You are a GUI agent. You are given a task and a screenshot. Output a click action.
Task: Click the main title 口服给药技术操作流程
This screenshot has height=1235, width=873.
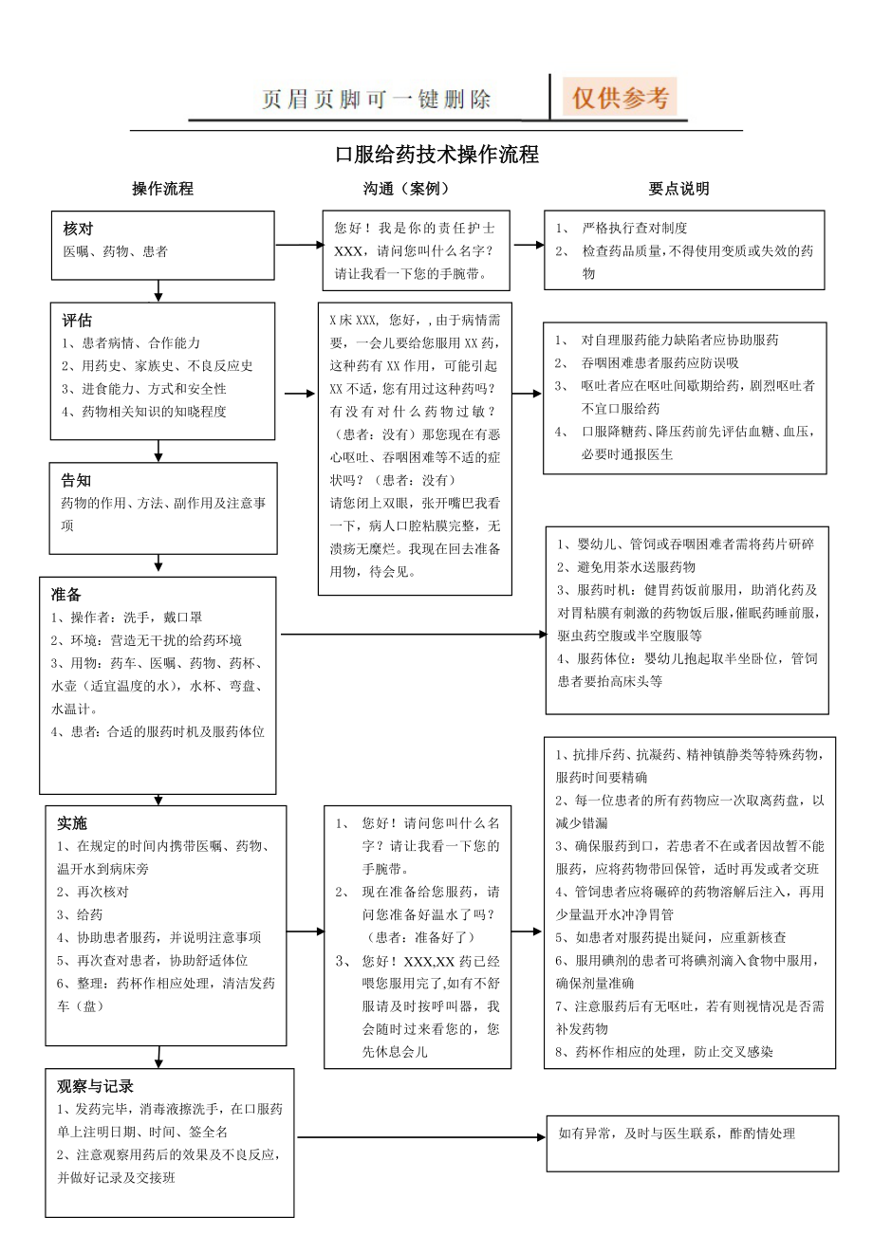pyautogui.click(x=437, y=154)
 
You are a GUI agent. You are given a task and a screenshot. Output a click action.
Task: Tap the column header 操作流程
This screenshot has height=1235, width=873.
pyautogui.click(x=162, y=189)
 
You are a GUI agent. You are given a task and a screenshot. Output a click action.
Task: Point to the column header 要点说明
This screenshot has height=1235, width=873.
pyautogui.click(x=678, y=189)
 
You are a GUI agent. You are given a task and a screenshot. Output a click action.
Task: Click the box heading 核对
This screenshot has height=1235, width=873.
pyautogui.click(x=79, y=229)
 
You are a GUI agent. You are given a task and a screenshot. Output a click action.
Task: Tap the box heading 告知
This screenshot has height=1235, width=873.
pyautogui.click(x=77, y=480)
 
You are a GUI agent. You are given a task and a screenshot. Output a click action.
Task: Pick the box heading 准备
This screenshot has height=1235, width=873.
pyautogui.click(x=66, y=595)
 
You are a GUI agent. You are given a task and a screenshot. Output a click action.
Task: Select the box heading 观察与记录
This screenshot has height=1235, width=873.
pyautogui.click(x=95, y=1086)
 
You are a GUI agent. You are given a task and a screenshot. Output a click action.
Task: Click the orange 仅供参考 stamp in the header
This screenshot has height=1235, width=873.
pyautogui.click(x=622, y=98)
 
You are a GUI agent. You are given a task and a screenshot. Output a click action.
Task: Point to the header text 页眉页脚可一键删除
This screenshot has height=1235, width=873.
pyautogui.click(x=377, y=100)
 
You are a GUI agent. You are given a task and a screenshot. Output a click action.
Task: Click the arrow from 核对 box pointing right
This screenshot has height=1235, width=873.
pyautogui.click(x=299, y=245)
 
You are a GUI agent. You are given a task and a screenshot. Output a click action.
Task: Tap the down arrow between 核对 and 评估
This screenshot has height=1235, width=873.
pyautogui.click(x=159, y=289)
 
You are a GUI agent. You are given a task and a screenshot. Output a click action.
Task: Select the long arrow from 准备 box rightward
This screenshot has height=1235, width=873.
pyautogui.click(x=413, y=634)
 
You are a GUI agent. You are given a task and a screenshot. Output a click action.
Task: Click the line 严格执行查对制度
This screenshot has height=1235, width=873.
pyautogui.click(x=635, y=229)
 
